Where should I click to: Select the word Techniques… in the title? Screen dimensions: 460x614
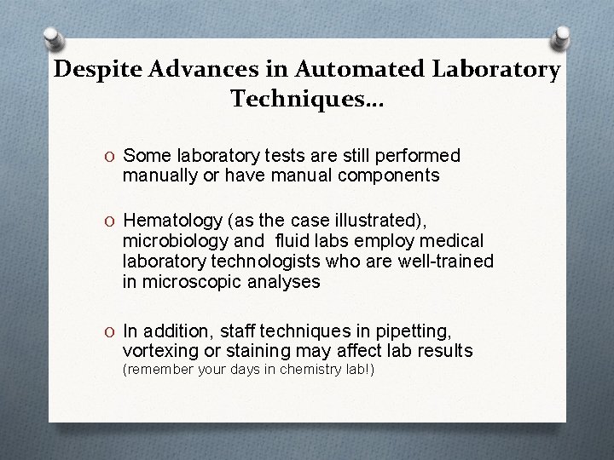coord(307,101)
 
